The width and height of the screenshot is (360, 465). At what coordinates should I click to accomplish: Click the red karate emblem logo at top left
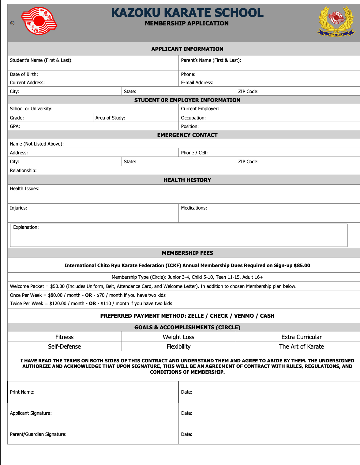(x=39, y=21)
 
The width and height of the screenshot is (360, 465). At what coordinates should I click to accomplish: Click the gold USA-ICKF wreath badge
(x=336, y=21)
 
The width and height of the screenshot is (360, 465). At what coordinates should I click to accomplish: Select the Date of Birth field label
(x=24, y=74)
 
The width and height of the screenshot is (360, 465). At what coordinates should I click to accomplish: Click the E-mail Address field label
(x=197, y=83)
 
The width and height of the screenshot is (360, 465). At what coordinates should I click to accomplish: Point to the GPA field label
(x=15, y=126)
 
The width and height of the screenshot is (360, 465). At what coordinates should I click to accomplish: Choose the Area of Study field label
(x=110, y=118)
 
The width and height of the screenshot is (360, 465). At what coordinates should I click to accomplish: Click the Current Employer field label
(x=200, y=109)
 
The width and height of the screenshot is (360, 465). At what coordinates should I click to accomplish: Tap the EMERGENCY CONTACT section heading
(x=187, y=135)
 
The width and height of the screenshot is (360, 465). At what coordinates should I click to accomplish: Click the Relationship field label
(x=23, y=170)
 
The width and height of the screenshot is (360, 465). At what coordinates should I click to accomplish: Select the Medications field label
(x=194, y=208)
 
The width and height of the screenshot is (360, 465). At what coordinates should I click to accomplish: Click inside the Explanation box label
(x=26, y=227)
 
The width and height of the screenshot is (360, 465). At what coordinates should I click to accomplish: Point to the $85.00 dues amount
(x=302, y=266)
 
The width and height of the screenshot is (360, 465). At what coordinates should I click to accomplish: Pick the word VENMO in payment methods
(x=244, y=316)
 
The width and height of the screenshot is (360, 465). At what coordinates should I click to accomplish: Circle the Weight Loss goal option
(x=178, y=337)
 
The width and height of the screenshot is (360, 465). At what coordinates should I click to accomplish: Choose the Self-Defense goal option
(x=64, y=346)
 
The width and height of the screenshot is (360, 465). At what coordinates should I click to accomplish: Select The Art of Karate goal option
(x=301, y=346)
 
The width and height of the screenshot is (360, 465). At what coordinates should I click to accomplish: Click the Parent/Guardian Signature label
(x=38, y=434)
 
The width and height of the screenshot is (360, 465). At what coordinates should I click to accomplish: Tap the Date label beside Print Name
(x=186, y=392)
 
